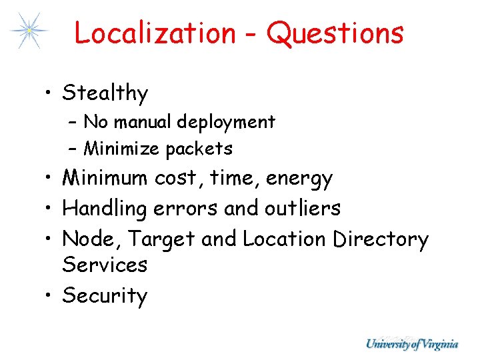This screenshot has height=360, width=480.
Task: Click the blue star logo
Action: pos(29,30)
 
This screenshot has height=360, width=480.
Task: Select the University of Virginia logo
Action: pos(412,344)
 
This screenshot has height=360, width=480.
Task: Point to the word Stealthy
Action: pos(105,93)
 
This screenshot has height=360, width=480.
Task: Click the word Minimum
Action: pos(105,178)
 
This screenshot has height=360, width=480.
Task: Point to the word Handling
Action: pos(105,209)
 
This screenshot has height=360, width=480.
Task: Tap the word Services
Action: pos(105,265)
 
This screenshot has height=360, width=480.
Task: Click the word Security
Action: pos(105,295)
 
